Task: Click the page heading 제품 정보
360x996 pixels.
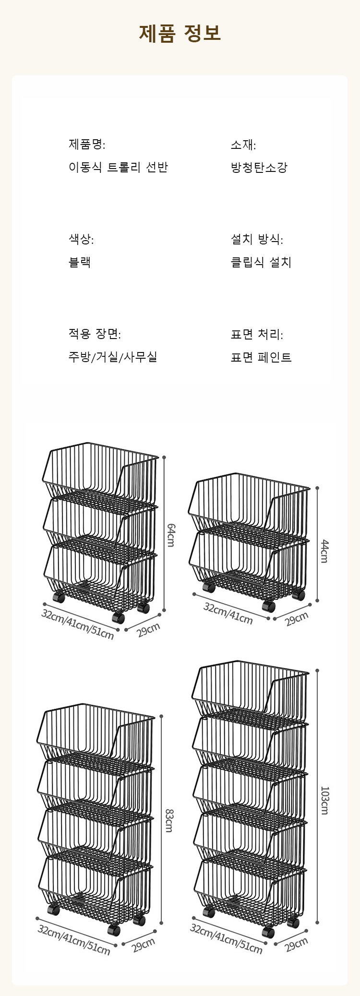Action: (180, 34)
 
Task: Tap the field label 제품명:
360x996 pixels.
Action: (87, 144)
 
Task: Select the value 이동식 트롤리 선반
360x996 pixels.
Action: (118, 168)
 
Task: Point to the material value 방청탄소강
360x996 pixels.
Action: (259, 168)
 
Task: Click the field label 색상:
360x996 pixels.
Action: (81, 239)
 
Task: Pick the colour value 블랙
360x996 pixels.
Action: (80, 262)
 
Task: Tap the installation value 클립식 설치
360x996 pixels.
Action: (261, 262)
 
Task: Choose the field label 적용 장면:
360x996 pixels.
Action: (95, 334)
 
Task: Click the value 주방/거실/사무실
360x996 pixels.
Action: (113, 357)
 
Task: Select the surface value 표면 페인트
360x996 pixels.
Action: (261, 357)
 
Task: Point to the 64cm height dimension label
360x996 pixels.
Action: (170, 534)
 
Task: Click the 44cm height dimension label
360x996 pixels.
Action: (324, 551)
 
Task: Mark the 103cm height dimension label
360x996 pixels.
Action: (324, 801)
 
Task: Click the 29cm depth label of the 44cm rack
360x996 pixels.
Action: (297, 619)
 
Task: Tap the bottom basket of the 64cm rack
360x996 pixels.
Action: (100, 576)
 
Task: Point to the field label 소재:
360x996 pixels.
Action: (243, 144)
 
